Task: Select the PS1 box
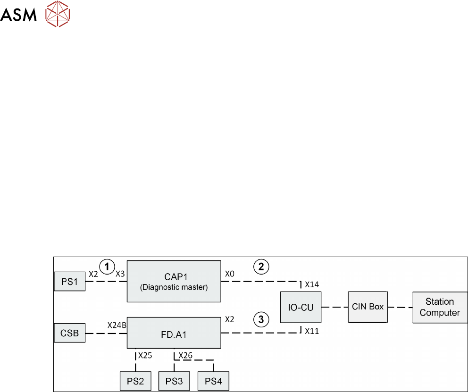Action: tap(70, 281)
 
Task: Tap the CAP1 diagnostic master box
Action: tap(174, 281)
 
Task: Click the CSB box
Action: tap(70, 334)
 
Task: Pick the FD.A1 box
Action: tap(174, 333)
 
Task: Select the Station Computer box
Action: tap(440, 307)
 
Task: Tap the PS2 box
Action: tap(136, 381)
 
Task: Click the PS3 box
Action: tap(175, 381)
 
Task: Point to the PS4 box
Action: tap(214, 381)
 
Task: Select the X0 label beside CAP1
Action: tap(230, 273)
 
